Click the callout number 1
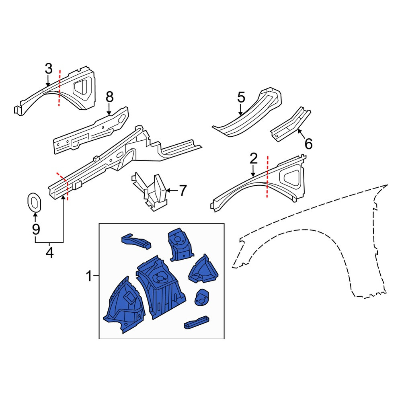click(89, 276)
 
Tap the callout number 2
click(253, 158)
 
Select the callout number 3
click(49, 69)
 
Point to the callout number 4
click(49, 252)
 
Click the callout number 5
click(241, 97)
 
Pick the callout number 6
click(308, 144)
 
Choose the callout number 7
click(182, 191)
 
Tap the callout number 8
click(109, 97)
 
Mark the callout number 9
click(36, 229)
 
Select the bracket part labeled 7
click(150, 192)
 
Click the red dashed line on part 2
click(267, 176)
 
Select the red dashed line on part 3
click(59, 88)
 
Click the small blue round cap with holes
click(201, 297)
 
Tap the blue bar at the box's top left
click(136, 242)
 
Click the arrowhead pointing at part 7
click(168, 191)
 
